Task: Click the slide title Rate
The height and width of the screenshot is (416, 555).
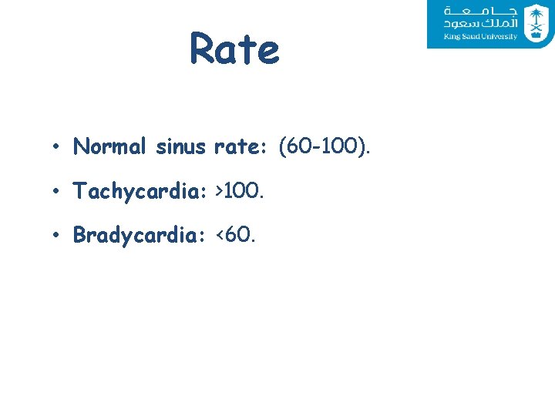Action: (234, 49)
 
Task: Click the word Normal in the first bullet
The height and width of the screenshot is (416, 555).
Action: (112, 146)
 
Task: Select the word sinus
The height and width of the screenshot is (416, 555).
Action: (180, 146)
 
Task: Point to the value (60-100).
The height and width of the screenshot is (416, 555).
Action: (325, 146)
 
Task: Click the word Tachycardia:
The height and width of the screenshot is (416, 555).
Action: (141, 191)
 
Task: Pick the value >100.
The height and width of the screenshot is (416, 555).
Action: (241, 191)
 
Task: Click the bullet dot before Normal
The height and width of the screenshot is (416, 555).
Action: (57, 147)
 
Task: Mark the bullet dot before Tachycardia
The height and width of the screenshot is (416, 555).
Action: (57, 192)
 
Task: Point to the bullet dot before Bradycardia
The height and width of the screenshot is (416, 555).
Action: (57, 236)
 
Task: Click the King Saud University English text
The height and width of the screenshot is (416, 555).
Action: (480, 37)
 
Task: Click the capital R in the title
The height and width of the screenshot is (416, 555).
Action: (202, 49)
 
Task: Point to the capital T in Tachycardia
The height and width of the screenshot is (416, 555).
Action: (79, 191)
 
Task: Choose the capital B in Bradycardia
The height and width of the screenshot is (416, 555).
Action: (79, 235)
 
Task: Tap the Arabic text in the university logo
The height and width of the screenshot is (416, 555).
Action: (479, 18)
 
